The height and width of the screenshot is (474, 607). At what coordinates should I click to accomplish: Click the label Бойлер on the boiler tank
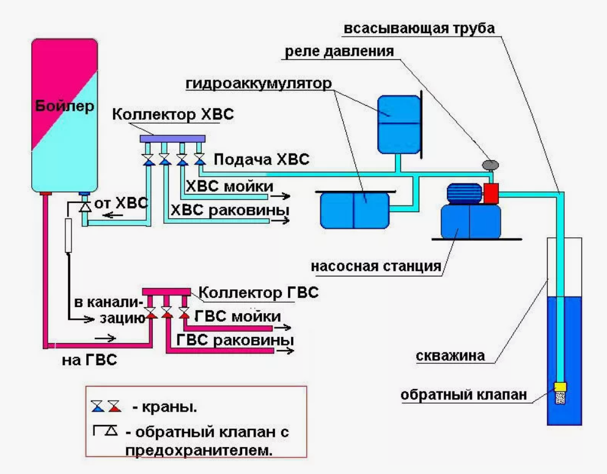pos(65,106)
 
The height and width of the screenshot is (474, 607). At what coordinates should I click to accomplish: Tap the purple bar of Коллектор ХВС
pos(172,139)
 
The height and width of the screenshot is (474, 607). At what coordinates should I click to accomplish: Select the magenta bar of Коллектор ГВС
pos(166,292)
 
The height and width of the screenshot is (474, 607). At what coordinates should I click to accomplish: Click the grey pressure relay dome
pos(490,165)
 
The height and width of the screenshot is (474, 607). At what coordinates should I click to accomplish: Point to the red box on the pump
pos(490,193)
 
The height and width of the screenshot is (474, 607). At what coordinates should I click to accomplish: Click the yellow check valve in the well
pos(560,387)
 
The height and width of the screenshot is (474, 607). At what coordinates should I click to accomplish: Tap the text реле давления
pos(339,51)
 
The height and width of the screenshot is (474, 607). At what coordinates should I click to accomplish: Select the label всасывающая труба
pos(419,28)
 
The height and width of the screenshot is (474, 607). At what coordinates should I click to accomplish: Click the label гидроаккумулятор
pos(259,83)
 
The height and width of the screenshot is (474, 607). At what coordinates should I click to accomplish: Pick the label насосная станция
pos(376,267)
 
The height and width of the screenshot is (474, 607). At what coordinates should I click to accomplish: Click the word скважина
pos(451,355)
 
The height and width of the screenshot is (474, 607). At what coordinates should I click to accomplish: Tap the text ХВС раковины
pos(230,210)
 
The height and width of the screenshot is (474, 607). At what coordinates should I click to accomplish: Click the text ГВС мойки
pos(238,316)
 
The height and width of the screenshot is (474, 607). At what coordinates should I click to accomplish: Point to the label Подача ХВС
pos(262,159)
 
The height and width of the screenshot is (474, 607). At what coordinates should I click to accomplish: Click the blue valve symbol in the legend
pos(98,406)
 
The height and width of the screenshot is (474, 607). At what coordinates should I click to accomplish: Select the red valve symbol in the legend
pos(114,406)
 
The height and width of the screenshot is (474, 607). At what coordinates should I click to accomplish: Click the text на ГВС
pos(89,360)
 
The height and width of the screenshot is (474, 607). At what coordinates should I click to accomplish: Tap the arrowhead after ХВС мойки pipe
pos(285,196)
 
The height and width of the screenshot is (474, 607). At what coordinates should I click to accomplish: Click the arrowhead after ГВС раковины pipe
pos(289,351)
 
